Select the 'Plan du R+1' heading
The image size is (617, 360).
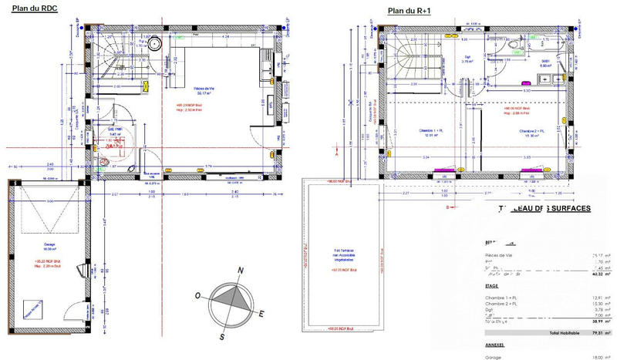(409, 10)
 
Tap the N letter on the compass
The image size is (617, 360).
(241, 271)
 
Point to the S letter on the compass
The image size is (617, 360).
(222, 336)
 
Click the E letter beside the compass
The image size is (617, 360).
(262, 313)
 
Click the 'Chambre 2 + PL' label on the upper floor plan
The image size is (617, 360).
(532, 131)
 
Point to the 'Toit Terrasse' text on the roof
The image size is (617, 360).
(342, 251)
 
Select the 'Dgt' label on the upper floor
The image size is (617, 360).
(467, 56)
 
